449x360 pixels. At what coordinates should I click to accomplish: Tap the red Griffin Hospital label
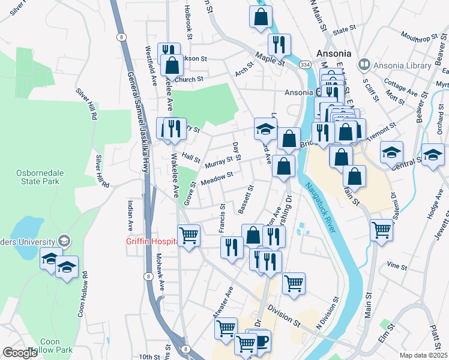click(x=151, y=242)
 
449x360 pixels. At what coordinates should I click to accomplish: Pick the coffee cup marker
click(x=260, y=341)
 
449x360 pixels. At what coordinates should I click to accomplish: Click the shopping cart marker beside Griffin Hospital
click(x=188, y=235)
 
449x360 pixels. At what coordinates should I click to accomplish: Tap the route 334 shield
click(x=306, y=64)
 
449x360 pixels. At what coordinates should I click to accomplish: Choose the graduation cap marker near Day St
click(x=265, y=128)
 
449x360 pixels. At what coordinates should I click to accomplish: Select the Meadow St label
click(x=217, y=178)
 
